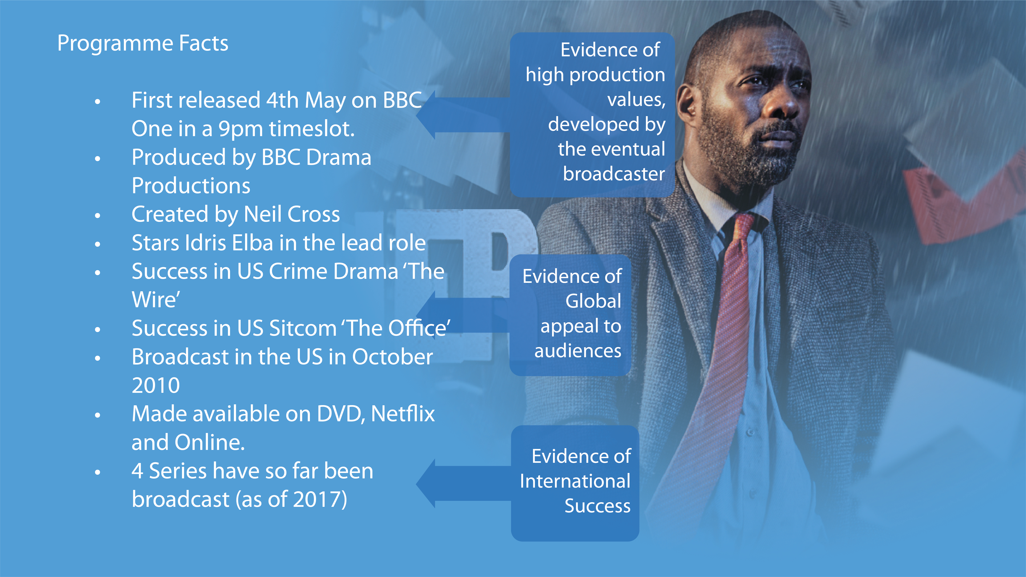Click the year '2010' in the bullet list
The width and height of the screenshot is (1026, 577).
pyautogui.click(x=156, y=385)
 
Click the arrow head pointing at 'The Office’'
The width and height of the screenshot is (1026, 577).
pyautogui.click(x=425, y=315)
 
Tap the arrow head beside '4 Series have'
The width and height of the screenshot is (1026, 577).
pyautogui.click(x=425, y=483)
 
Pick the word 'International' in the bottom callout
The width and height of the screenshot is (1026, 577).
pyautogui.click(x=575, y=481)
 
